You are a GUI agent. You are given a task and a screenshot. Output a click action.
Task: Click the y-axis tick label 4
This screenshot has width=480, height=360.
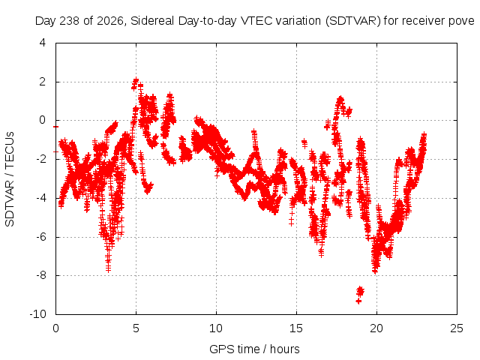[43, 43]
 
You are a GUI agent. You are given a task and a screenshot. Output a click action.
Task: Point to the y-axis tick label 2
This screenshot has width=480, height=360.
[43, 82]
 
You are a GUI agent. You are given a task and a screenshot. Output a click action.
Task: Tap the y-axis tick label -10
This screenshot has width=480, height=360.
[38, 313]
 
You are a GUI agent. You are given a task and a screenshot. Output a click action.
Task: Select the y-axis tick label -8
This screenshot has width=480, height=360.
[40, 275]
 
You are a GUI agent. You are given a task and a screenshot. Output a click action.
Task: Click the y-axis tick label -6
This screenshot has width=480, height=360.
[40, 236]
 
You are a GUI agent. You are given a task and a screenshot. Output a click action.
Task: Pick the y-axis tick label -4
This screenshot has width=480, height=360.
[40, 198]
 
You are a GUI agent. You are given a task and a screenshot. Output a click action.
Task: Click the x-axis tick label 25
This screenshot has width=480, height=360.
[457, 328]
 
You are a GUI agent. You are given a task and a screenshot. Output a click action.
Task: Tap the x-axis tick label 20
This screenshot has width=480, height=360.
[376, 328]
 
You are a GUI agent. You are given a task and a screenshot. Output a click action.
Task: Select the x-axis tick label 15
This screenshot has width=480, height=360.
[296, 328]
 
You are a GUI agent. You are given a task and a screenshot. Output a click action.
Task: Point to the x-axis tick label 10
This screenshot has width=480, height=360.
[216, 328]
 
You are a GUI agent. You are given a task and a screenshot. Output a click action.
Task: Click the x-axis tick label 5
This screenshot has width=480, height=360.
[136, 328]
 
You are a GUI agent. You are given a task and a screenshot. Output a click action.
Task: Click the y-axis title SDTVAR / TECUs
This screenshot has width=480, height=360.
[10, 179]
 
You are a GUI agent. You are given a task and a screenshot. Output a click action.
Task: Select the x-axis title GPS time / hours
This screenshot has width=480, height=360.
[254, 349]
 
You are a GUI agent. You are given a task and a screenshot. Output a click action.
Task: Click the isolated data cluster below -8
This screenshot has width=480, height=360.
[360, 294]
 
